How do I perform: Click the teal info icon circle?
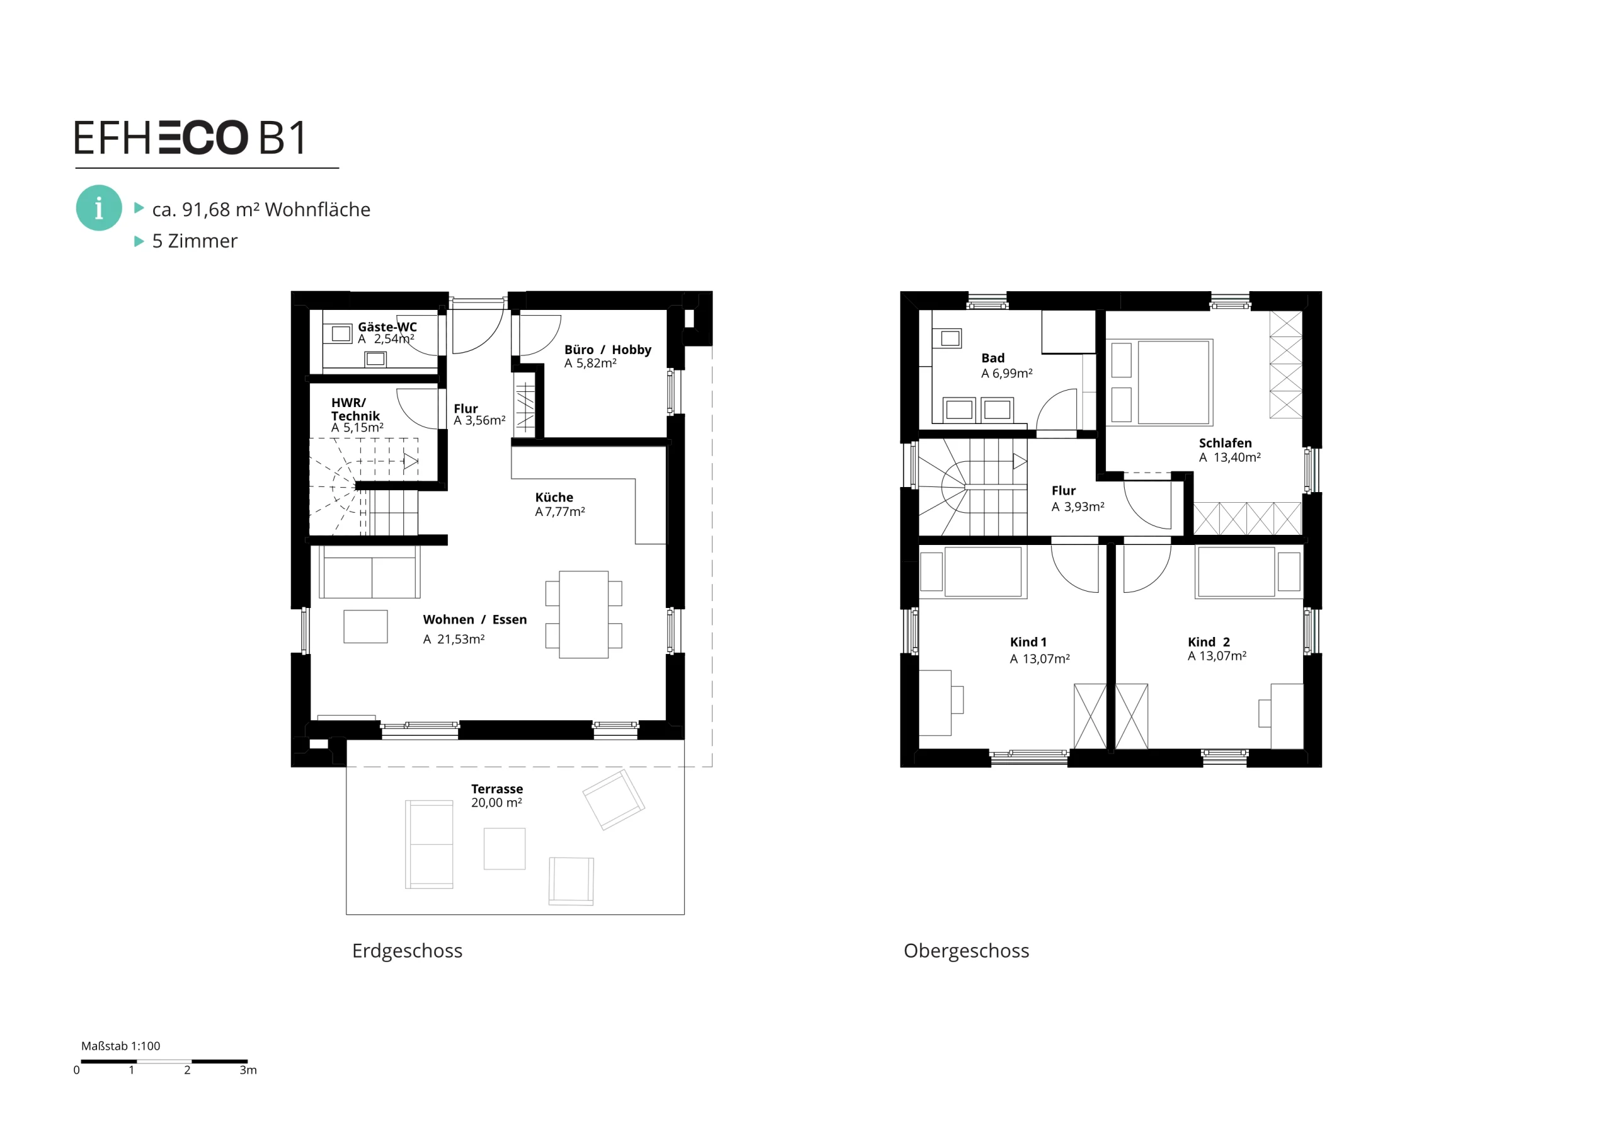click(x=98, y=208)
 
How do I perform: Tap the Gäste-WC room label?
click(x=387, y=327)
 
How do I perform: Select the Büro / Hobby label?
click(x=607, y=349)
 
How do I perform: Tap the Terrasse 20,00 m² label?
click(x=497, y=795)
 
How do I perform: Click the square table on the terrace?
click(x=505, y=849)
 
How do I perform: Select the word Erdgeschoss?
click(x=408, y=951)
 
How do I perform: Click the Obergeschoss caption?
click(x=966, y=951)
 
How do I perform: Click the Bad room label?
click(x=992, y=358)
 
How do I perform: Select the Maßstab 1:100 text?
click(x=121, y=1045)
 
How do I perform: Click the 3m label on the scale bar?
click(x=248, y=1070)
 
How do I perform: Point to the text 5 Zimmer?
click(x=195, y=240)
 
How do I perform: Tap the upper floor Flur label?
click(x=1063, y=490)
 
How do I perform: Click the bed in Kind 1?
click(x=983, y=572)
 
